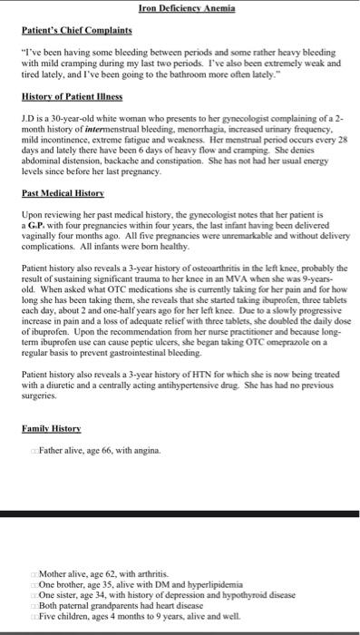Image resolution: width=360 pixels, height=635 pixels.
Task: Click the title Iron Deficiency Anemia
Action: point(187,8)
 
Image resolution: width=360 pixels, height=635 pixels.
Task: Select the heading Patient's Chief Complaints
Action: point(75,30)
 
